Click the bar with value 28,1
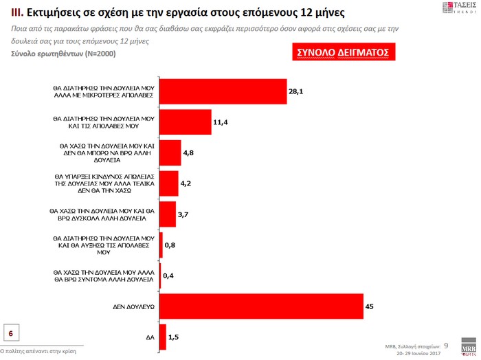tap(223, 91)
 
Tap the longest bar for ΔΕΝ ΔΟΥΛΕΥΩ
tap(261, 306)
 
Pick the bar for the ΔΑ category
tap(163, 337)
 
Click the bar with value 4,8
tap(170, 153)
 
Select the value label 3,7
tap(183, 214)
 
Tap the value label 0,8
tap(171, 244)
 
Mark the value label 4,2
tap(186, 183)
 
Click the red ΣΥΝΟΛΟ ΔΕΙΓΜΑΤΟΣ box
tap(342, 53)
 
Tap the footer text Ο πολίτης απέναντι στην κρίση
tap(38, 351)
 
